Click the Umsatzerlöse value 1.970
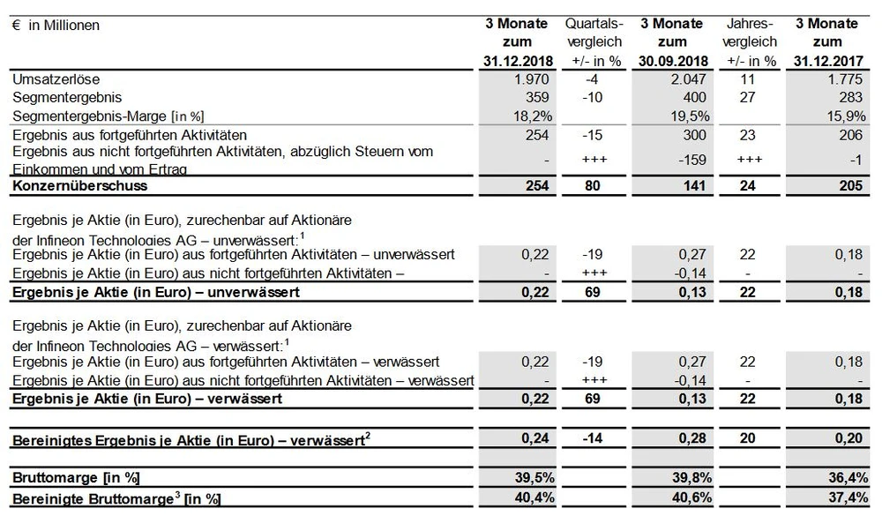(x=531, y=79)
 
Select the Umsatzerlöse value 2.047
(x=685, y=79)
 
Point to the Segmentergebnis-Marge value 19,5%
(x=688, y=115)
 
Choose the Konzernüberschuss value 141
(x=694, y=186)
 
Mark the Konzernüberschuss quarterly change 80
(x=594, y=186)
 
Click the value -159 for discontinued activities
(x=691, y=159)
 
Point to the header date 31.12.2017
(x=827, y=61)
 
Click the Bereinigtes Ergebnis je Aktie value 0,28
(x=691, y=438)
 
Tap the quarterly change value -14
(x=594, y=438)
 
